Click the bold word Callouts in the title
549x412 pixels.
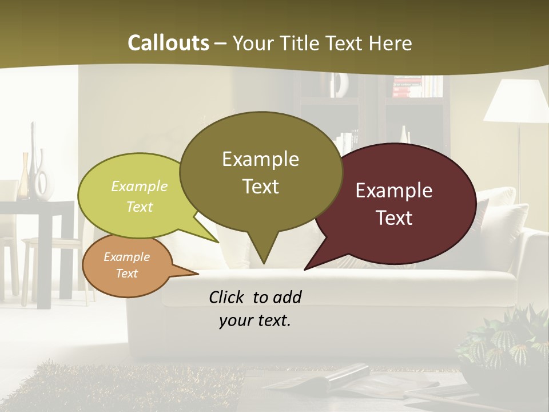168,43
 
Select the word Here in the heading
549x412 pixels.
391,43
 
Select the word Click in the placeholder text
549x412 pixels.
227,298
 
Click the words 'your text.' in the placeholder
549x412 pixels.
255,321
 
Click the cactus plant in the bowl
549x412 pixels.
503,343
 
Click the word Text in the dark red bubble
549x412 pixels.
395,218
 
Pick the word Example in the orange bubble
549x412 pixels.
127,257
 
